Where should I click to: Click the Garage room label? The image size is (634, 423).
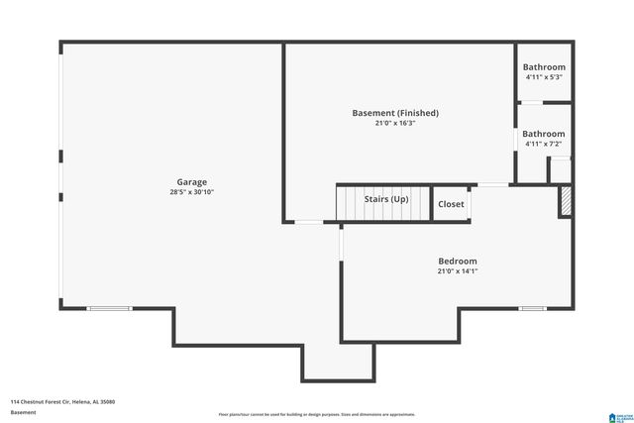coord(191,182)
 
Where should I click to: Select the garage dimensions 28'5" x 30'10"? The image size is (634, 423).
coord(191,192)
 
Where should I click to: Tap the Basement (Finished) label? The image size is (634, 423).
coord(395,113)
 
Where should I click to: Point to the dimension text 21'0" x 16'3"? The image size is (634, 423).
coord(395,124)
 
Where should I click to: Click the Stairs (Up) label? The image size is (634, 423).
coord(385,199)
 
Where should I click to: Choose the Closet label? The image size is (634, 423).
coord(451,204)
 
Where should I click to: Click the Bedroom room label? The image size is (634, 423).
coord(458,261)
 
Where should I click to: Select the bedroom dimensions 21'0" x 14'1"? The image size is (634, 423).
coord(458,271)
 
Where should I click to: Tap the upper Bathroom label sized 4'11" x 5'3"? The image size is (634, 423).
coord(544,66)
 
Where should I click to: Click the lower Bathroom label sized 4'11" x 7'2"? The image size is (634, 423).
coord(544,134)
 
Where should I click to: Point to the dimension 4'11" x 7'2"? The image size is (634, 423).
coord(544,145)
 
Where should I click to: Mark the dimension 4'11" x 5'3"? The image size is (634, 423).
coord(544,77)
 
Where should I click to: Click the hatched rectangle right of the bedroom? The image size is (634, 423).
coord(566,202)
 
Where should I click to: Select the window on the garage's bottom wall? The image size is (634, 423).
coord(109,309)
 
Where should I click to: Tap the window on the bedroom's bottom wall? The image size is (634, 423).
coord(533,309)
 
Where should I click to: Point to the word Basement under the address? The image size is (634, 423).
coord(24,412)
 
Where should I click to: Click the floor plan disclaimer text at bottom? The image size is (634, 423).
coord(317,414)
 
